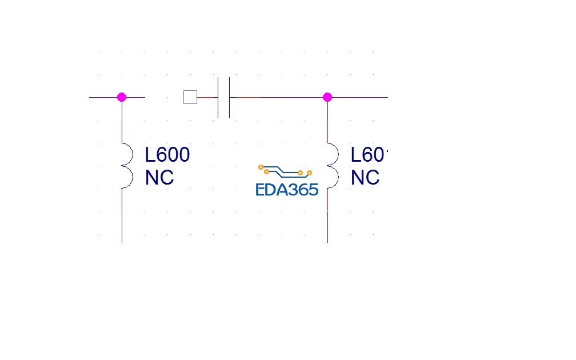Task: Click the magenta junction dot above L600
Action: (x=122, y=97)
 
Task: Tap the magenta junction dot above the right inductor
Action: (x=327, y=97)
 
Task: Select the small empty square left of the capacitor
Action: (x=190, y=97)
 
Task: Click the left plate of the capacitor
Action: (x=218, y=97)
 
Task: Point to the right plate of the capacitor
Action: (x=230, y=97)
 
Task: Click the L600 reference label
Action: (x=167, y=155)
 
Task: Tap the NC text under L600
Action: (x=159, y=178)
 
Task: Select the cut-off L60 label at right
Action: (x=369, y=155)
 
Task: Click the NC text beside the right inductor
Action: (x=365, y=178)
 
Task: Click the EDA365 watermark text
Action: (x=287, y=190)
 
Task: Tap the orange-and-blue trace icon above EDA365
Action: (x=285, y=170)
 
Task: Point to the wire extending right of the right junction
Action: (x=360, y=97)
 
